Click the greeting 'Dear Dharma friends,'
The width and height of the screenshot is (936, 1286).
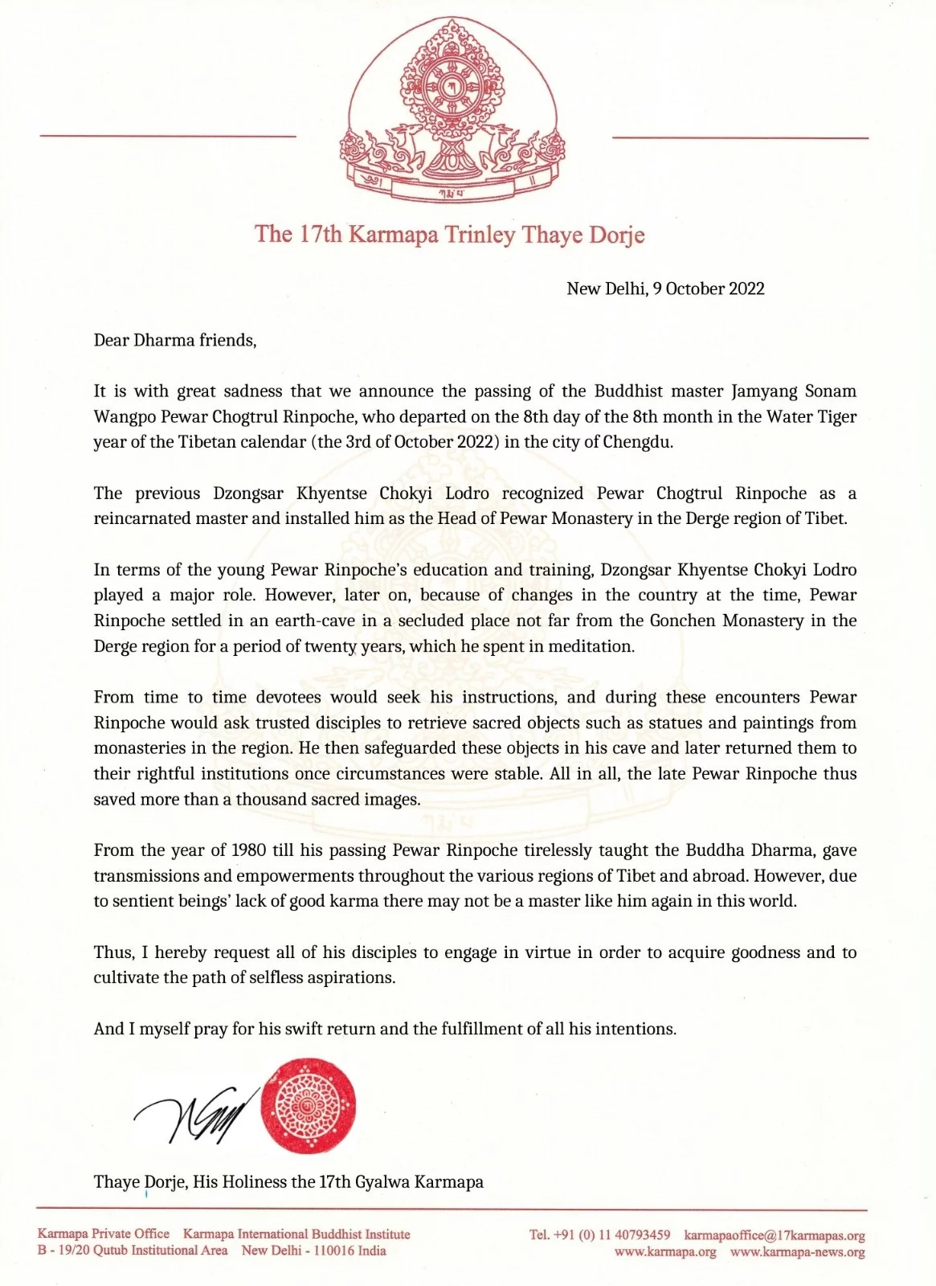point(175,340)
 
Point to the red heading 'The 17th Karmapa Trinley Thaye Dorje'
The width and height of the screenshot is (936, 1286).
point(450,235)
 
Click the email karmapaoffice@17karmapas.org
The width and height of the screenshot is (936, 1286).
point(775,1235)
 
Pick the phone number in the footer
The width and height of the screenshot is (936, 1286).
point(599,1235)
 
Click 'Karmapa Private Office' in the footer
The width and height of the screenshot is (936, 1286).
point(104,1234)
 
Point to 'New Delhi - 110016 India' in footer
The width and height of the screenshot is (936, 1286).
point(314,1251)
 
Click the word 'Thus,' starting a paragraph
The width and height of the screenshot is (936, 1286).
point(113,952)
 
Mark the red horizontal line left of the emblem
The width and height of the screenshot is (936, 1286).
point(168,137)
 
